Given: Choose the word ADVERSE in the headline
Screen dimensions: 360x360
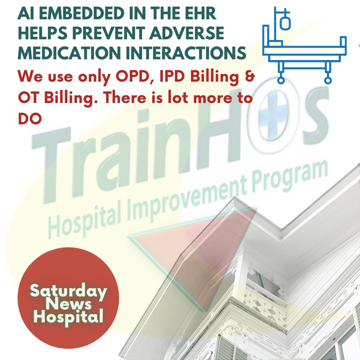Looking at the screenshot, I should [x=196, y=34].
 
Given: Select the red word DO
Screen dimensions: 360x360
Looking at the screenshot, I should [x=30, y=119].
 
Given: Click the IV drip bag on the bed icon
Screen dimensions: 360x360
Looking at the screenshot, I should [x=285, y=23].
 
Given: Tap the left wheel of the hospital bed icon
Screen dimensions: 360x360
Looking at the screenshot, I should [x=281, y=80].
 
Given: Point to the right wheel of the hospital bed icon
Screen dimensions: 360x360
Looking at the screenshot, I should [x=328, y=80].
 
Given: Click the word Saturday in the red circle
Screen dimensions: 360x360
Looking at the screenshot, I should [x=68, y=291].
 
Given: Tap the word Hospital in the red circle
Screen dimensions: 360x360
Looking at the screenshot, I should [x=68, y=316].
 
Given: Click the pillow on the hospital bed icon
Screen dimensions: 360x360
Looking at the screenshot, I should [x=276, y=43].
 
